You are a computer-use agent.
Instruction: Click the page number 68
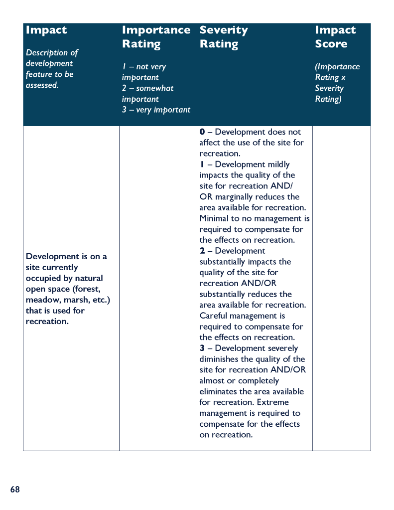point(15,490)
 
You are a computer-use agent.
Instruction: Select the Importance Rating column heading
point(156,37)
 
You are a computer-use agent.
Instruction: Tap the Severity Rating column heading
point(224,37)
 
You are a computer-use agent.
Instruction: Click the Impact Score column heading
point(335,37)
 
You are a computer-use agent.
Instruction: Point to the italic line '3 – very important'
point(156,110)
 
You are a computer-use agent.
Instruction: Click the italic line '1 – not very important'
point(144,72)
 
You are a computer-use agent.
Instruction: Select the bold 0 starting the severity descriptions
point(202,132)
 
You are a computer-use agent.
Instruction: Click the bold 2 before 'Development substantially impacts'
point(202,251)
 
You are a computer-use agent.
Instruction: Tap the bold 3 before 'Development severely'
point(202,348)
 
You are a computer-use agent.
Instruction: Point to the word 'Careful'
point(213,316)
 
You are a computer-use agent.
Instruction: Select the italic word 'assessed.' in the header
point(42,85)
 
